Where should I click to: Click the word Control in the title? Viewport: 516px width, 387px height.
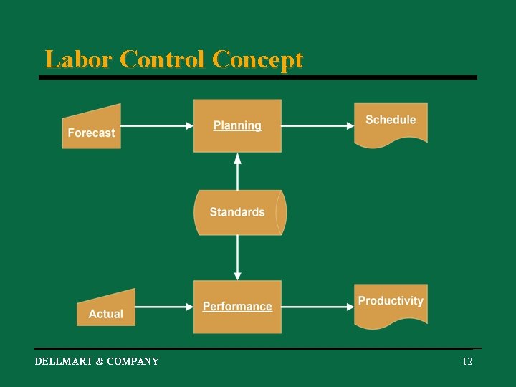pyautogui.click(x=163, y=59)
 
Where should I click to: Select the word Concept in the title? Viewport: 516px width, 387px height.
pyautogui.click(x=257, y=59)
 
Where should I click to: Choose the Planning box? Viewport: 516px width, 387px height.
pyautogui.click(x=237, y=125)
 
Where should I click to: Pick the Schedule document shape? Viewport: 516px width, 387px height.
pyautogui.click(x=391, y=122)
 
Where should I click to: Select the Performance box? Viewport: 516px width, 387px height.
pyautogui.click(x=237, y=307)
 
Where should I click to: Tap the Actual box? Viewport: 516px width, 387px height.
pyautogui.click(x=106, y=310)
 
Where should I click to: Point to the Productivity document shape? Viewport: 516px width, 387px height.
pyautogui.click(x=391, y=303)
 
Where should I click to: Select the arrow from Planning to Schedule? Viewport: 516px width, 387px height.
pyautogui.click(x=317, y=125)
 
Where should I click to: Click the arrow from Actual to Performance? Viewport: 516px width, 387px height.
pyautogui.click(x=164, y=307)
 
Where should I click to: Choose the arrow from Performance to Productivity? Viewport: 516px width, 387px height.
pyautogui.click(x=317, y=307)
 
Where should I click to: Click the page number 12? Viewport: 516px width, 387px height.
pyautogui.click(x=467, y=361)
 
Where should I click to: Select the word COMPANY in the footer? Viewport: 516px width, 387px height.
pyautogui.click(x=133, y=361)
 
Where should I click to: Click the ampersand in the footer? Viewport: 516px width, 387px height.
pyautogui.click(x=99, y=361)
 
